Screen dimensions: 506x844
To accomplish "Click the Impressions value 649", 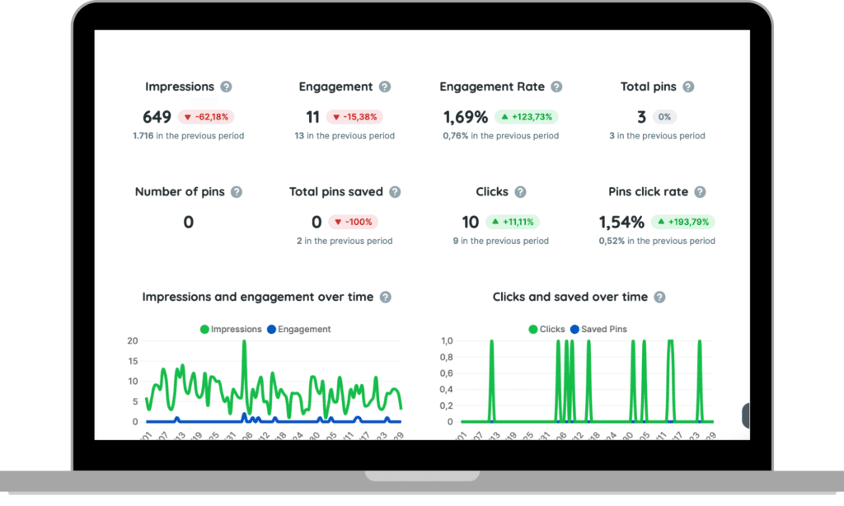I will [157, 117].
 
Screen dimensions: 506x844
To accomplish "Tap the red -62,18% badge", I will [207, 117].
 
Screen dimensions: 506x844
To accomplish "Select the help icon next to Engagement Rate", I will [556, 87].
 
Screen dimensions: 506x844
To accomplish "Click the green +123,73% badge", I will [527, 117].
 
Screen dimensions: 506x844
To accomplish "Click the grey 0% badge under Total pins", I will [664, 117].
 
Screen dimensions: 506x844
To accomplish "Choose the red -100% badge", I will [354, 222].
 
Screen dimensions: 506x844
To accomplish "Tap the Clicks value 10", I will [470, 222].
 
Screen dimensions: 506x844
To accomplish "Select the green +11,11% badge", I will [517, 222].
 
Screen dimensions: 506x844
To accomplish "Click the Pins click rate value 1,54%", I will [621, 222].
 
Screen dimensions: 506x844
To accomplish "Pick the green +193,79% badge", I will [683, 222].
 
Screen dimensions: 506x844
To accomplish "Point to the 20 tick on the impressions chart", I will [132, 340].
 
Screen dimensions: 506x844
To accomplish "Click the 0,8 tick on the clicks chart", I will [446, 357].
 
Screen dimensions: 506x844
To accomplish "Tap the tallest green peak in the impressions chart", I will [244, 341].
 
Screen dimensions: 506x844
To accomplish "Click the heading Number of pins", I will [179, 191].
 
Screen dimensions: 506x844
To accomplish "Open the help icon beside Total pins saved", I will [395, 192].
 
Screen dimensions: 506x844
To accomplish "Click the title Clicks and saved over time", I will [570, 297].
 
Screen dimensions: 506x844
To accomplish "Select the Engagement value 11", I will [312, 117].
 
